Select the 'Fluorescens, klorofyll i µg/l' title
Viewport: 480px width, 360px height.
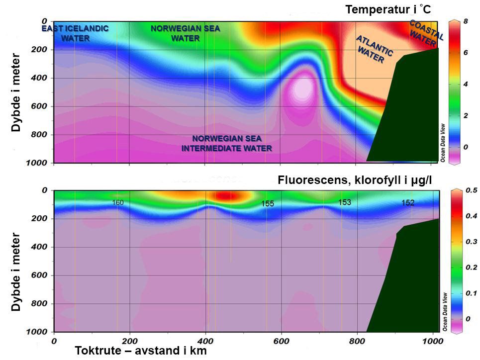tap(356, 181)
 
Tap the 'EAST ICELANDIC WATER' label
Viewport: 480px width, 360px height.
tap(75, 33)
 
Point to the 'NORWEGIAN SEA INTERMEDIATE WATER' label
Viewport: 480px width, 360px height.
tap(226, 143)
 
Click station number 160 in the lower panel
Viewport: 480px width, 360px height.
tap(117, 203)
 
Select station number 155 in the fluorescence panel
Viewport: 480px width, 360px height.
tap(268, 204)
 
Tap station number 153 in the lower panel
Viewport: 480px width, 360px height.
tap(345, 202)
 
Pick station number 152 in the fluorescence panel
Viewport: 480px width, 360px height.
tap(408, 203)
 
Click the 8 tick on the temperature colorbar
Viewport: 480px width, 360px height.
tap(466, 21)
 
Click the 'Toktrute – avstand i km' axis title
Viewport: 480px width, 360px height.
tap(140, 351)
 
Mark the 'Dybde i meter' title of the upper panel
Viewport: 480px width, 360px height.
tap(16, 92)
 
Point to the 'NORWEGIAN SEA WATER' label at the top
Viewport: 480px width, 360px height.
tap(185, 33)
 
